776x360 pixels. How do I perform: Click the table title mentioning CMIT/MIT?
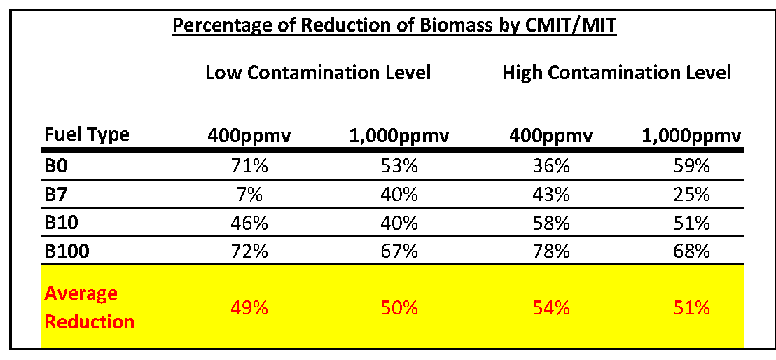point(394,26)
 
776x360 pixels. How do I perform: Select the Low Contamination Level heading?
point(318,72)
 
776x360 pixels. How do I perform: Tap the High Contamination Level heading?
point(616,72)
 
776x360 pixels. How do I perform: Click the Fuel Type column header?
point(87,134)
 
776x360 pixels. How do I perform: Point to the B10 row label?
point(62,223)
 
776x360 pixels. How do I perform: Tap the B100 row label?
point(67,250)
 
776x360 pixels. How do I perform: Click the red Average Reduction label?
point(89,307)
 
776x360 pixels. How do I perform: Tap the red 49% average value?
point(249,308)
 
